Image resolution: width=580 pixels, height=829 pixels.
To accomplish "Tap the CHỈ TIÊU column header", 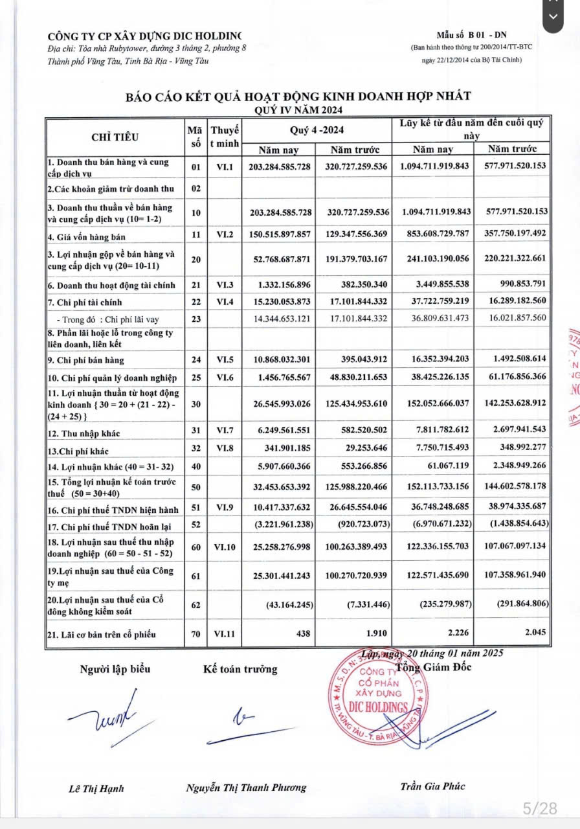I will pos(115,137).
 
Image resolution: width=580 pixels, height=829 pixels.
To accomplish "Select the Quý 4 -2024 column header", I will pos(315,130).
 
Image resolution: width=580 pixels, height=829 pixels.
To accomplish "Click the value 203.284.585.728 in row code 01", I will pos(279,166).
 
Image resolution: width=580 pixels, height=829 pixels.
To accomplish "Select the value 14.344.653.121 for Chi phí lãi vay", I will pos(279,319).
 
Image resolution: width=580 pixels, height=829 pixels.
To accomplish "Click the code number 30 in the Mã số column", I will pos(197,403).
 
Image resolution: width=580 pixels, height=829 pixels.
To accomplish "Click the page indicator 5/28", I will pos(539,808).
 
